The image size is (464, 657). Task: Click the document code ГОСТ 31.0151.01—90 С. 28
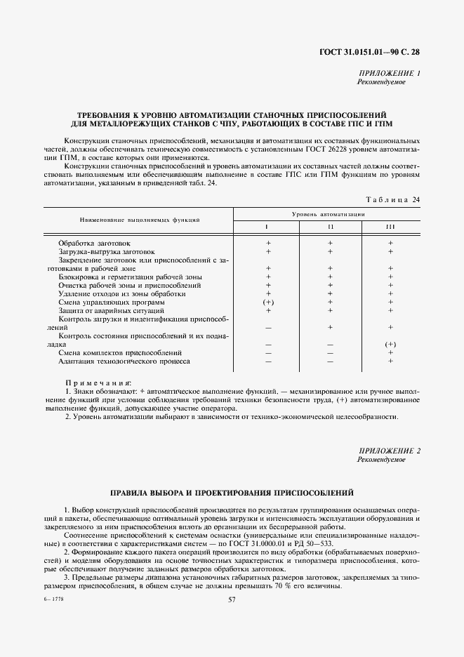pyautogui.click(x=369, y=52)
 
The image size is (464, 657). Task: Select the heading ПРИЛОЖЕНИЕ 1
pyautogui.click(x=389, y=73)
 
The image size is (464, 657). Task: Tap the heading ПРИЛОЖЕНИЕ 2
pyautogui.click(x=389, y=450)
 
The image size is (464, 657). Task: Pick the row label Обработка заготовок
pyautogui.click(x=95, y=243)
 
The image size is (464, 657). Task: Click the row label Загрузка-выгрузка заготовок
pyautogui.click(x=107, y=251)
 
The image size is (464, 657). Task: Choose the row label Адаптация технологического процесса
pyautogui.click(x=124, y=361)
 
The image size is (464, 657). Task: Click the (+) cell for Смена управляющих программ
pyautogui.click(x=267, y=302)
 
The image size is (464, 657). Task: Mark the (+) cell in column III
pyautogui.click(x=390, y=344)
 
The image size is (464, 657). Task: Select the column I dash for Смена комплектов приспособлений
pyautogui.click(x=267, y=352)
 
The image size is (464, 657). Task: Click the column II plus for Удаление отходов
pyautogui.click(x=329, y=293)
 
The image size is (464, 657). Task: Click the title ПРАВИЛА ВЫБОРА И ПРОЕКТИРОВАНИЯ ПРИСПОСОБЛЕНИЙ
pyautogui.click(x=232, y=493)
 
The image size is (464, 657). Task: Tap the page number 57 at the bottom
pyautogui.click(x=232, y=599)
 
